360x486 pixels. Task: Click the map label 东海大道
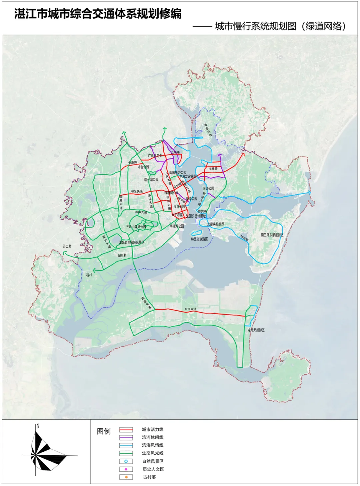coord(191,309)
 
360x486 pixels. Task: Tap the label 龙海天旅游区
coord(256,330)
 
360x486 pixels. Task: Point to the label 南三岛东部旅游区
coord(272,235)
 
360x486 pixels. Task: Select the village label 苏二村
coord(67,246)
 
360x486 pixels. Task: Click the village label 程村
coord(89,275)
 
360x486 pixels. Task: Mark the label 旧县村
coord(122,255)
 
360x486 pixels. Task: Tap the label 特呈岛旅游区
coord(199,239)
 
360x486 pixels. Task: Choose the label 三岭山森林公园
coord(136,227)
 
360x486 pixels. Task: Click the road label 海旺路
coord(213,169)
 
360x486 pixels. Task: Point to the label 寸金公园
coord(143,167)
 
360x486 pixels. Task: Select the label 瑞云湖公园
coord(151,180)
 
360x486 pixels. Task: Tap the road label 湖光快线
coord(137,191)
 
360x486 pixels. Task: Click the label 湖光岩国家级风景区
coord(132,243)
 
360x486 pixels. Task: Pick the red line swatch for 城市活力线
coord(126,430)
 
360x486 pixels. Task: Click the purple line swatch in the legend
coord(126,437)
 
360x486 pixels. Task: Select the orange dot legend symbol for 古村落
coord(126,477)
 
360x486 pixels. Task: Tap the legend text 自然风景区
coord(153,461)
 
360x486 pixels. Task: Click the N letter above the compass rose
coord(38,426)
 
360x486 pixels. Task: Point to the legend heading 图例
coord(104,431)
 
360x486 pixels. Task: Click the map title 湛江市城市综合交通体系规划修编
coord(98,14)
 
